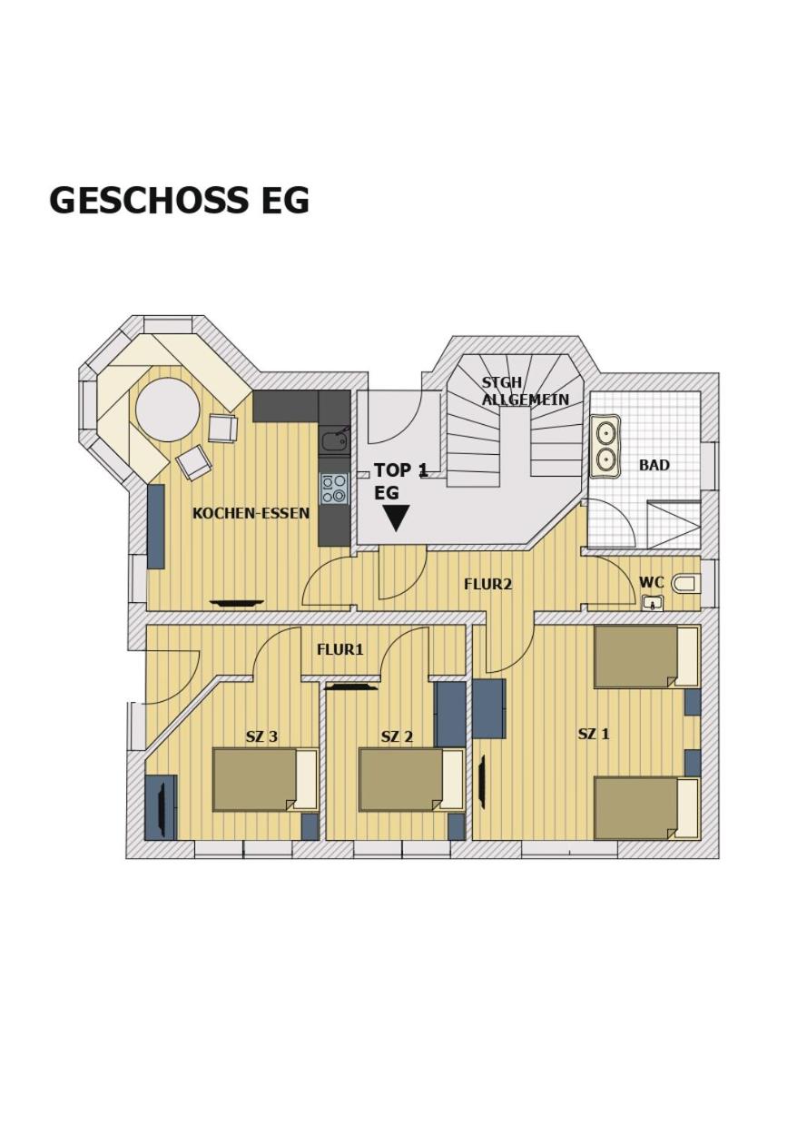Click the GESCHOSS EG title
179,200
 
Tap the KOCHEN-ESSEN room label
251,513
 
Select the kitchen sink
334,441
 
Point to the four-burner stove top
334,489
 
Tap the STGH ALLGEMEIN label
526,390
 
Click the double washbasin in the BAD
605,445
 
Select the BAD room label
654,465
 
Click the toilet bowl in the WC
687,583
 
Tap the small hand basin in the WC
653,603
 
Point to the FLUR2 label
487,584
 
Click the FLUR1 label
339,649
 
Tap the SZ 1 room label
594,734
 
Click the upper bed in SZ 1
646,657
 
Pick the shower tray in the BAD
674,525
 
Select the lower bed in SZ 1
646,808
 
